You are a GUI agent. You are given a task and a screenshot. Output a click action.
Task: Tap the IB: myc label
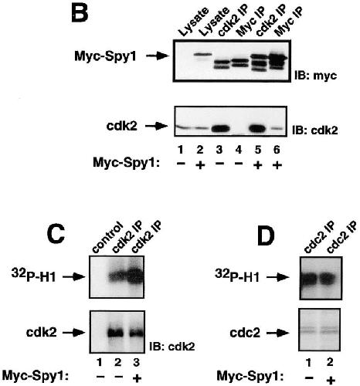[x=316, y=76]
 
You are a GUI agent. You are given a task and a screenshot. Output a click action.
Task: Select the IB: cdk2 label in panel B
[x=315, y=130]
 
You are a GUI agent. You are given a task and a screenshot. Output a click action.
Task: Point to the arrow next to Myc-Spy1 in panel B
[x=158, y=56]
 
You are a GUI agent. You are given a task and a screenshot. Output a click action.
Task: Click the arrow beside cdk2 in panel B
[x=157, y=126]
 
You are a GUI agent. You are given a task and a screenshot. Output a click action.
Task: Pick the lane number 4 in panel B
[x=239, y=150]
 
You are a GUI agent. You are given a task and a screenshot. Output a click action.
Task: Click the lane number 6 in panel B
[x=277, y=150]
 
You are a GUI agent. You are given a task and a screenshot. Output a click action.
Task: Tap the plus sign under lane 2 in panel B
[x=200, y=165]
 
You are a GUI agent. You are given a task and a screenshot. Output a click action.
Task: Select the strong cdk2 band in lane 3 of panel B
[x=219, y=128]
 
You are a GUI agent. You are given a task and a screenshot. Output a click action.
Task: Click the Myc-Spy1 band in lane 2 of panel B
[x=202, y=54]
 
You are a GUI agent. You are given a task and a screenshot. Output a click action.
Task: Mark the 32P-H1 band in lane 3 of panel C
[x=135, y=276]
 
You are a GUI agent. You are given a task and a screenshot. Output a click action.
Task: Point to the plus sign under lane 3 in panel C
[x=137, y=378]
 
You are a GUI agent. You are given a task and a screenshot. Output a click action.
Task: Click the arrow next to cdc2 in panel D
[x=278, y=334]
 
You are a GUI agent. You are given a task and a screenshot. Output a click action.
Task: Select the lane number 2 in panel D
[x=330, y=362]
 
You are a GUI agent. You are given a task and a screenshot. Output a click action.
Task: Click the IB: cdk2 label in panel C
[x=172, y=347]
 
